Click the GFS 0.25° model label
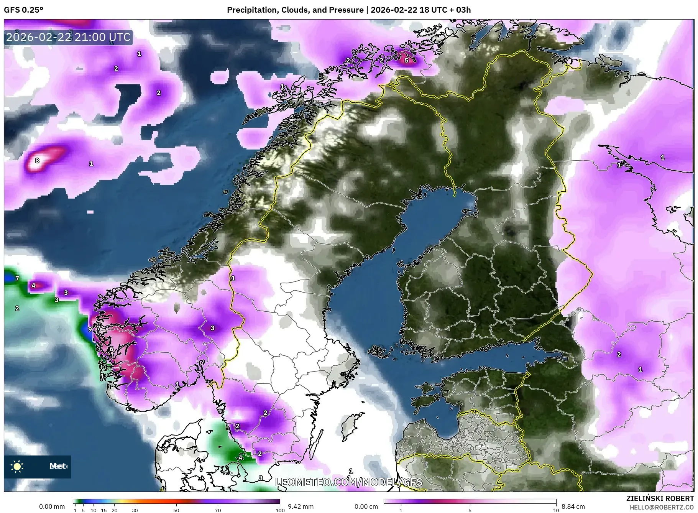[23, 10]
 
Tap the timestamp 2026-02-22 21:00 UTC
[68, 37]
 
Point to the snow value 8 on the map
[37, 161]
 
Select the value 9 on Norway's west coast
[90, 329]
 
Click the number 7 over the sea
[17, 278]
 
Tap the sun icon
[17, 467]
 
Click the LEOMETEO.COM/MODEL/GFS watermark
[349, 482]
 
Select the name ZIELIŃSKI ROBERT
[660, 498]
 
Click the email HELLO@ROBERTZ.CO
[662, 507]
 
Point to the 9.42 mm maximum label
[301, 506]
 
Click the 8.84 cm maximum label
[573, 506]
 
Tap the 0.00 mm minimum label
[52, 506]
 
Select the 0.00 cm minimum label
[366, 506]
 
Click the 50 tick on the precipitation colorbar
[176, 510]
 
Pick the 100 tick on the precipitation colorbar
[280, 510]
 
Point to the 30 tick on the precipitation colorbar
[135, 510]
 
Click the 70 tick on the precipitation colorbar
[218, 510]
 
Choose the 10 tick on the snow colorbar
[556, 510]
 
